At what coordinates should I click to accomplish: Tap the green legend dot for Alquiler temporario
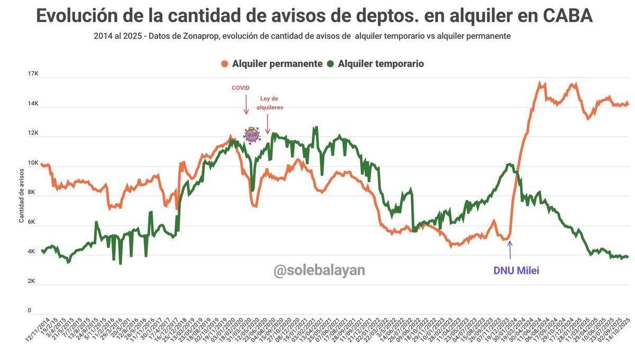(331, 64)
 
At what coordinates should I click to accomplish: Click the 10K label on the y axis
(33, 164)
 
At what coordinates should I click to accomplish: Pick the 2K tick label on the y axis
(33, 282)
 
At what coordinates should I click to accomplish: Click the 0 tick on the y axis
(30, 311)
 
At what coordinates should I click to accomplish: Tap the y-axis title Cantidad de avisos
(22, 194)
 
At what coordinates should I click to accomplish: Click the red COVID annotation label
(241, 88)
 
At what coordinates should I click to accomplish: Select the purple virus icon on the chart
(251, 136)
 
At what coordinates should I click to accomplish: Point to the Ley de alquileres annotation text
(270, 103)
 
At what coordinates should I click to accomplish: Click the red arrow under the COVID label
(246, 106)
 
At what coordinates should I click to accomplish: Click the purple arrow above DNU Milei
(510, 248)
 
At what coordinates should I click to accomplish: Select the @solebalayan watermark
(319, 271)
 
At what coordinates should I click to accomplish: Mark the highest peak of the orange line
(540, 83)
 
